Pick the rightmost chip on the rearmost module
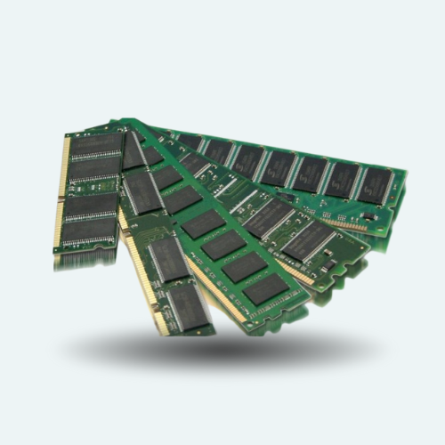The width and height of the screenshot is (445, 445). pyautogui.click(x=376, y=185)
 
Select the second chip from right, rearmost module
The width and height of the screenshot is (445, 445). pyautogui.click(x=343, y=178)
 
